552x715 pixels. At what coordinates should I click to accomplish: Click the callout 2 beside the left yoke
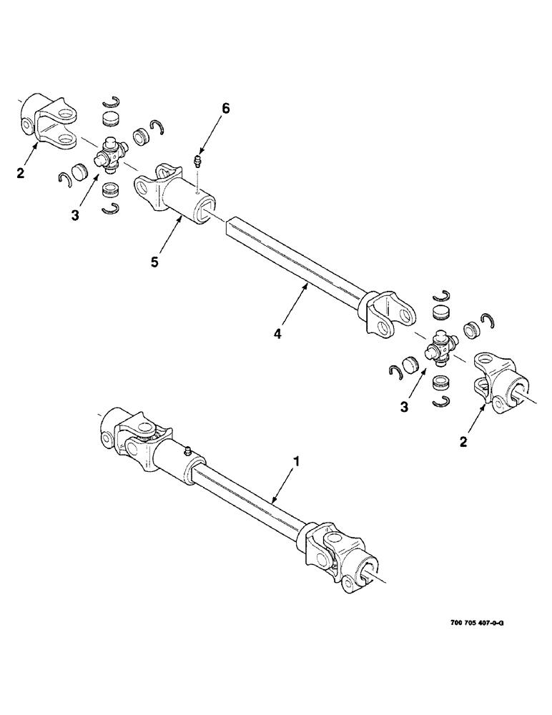click(21, 172)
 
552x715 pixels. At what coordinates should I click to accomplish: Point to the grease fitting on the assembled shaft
click(187, 450)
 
